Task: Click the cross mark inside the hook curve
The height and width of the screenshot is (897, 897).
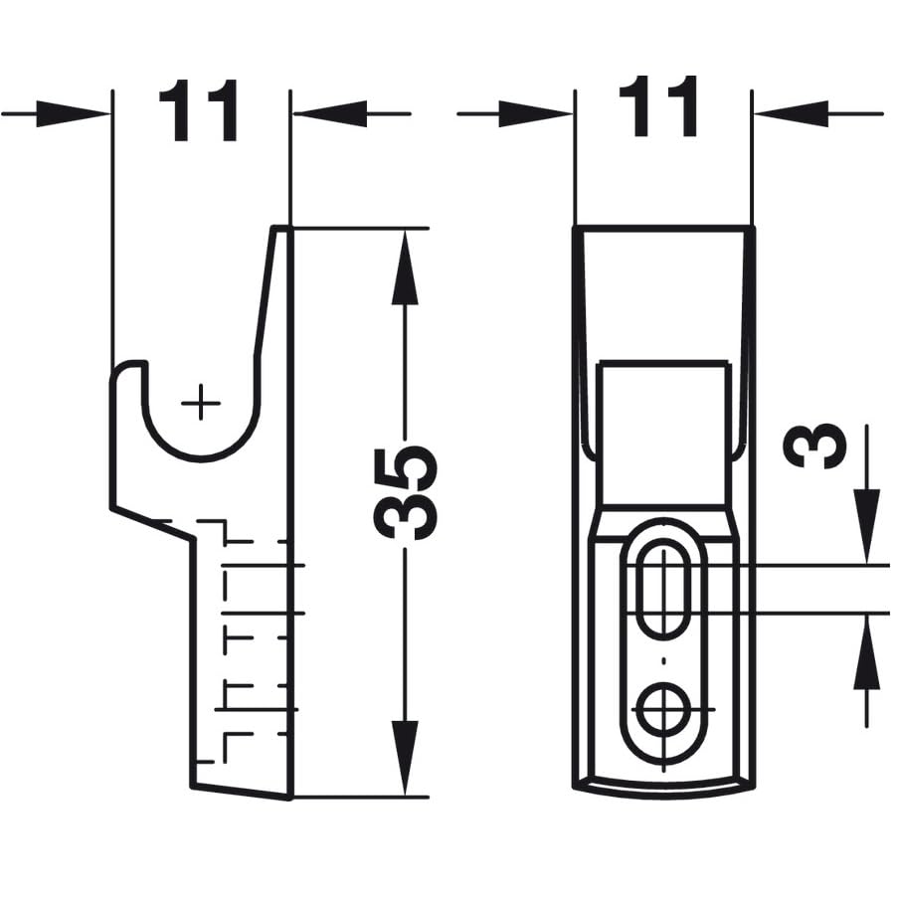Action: coord(201,403)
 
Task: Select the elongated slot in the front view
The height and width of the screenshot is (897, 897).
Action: coord(660,589)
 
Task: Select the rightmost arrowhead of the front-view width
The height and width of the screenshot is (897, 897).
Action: coord(780,113)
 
